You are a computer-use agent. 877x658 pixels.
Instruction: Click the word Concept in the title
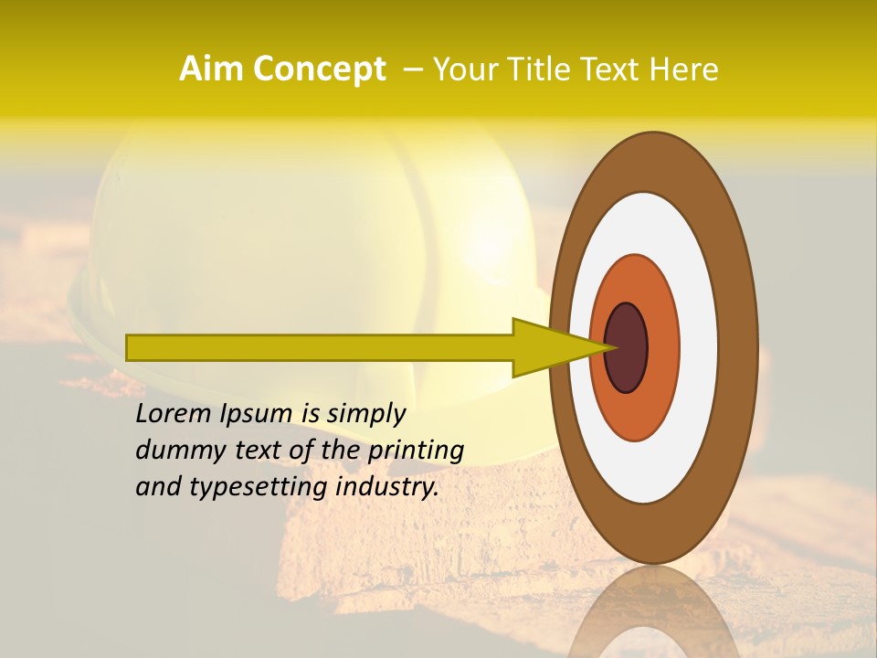tap(319, 69)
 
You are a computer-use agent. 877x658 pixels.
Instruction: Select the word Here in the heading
tap(684, 69)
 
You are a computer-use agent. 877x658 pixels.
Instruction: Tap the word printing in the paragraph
tap(416, 451)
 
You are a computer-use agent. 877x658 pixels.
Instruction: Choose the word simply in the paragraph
tap(365, 415)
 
